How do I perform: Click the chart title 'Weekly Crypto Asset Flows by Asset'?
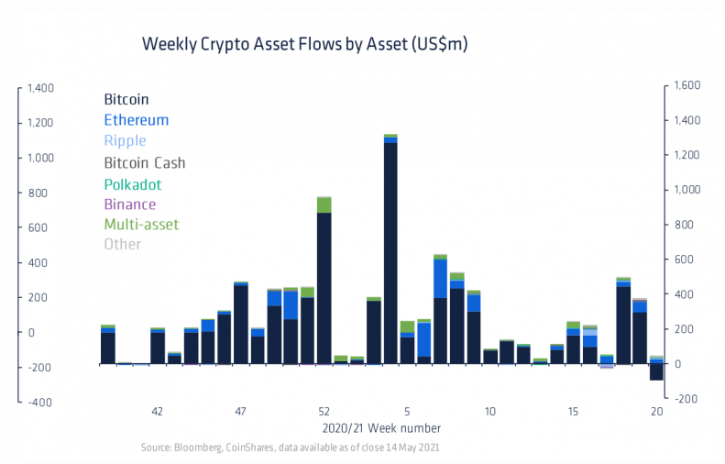coord(305,45)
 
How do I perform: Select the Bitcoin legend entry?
coord(126,99)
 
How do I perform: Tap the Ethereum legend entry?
coord(136,120)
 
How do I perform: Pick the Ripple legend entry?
coord(125,141)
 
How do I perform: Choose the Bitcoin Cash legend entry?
coord(145,162)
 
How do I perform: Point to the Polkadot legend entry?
coord(133,183)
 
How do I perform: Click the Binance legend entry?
coord(130,204)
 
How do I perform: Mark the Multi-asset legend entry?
coord(141,225)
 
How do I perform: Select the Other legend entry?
coord(123,245)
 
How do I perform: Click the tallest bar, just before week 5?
coord(390,248)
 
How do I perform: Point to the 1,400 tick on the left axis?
coord(40,88)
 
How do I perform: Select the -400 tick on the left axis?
coord(41,402)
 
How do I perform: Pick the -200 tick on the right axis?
coord(685,399)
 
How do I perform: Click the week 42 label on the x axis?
coord(157,412)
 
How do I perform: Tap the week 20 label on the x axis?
coord(656,412)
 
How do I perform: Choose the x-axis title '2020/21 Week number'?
coord(381,428)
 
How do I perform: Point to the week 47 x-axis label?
coord(240,412)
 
